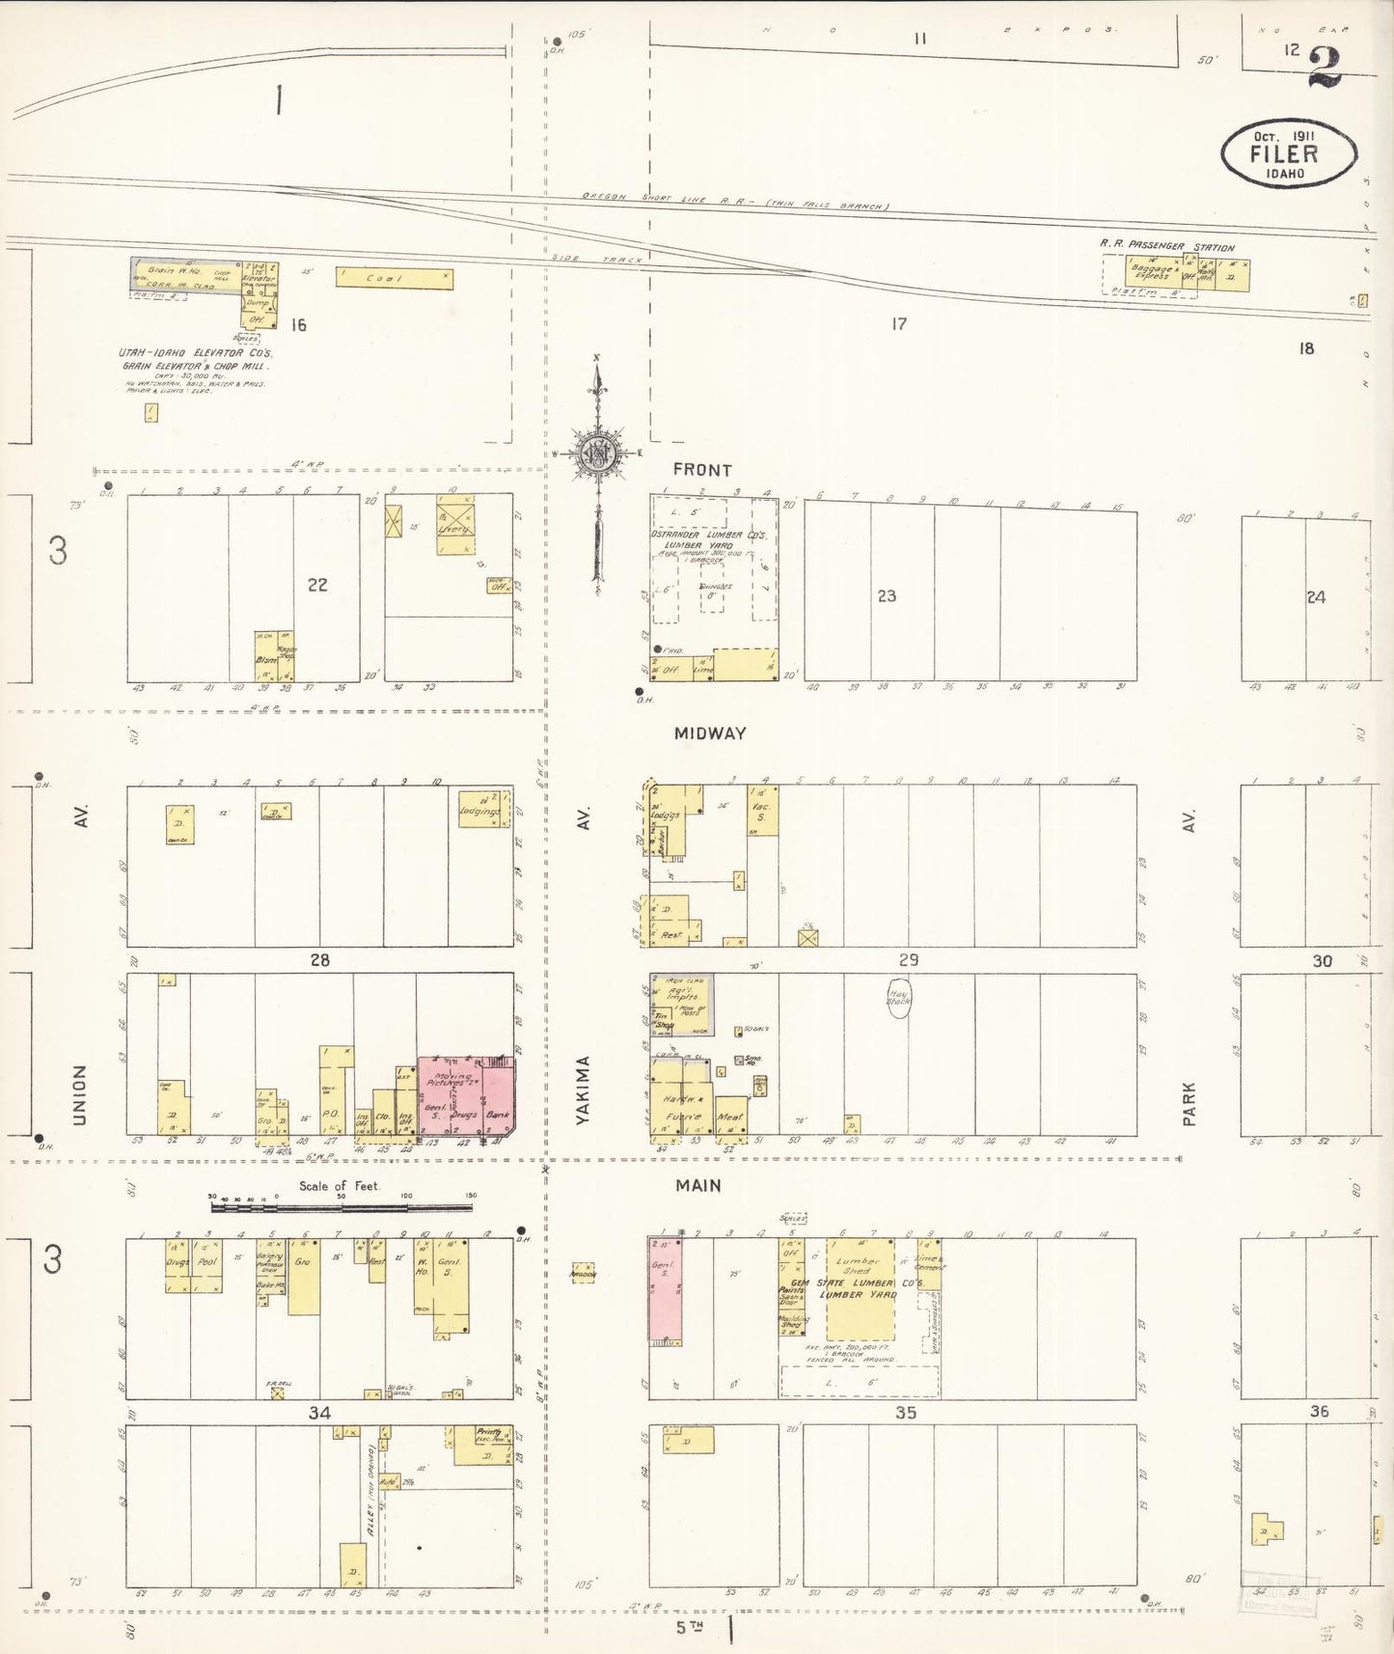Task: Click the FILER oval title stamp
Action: click(1288, 153)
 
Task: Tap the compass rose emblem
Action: click(597, 452)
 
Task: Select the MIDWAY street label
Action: click(710, 733)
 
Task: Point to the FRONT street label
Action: click(702, 470)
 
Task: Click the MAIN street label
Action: click(697, 1186)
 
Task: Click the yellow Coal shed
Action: click(394, 278)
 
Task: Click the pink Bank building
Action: click(498, 1097)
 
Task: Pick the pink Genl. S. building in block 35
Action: click(664, 1289)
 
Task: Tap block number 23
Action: click(887, 596)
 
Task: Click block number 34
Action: click(319, 1413)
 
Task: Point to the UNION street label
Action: click(80, 1094)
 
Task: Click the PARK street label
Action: click(1189, 1103)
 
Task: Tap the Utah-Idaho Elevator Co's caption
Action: click(196, 359)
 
